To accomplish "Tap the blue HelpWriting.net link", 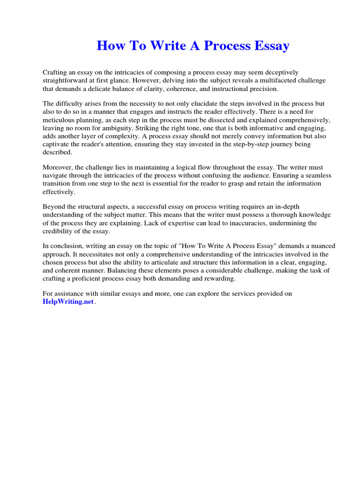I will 68,302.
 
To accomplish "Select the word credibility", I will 60,232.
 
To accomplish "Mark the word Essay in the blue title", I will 272,46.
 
